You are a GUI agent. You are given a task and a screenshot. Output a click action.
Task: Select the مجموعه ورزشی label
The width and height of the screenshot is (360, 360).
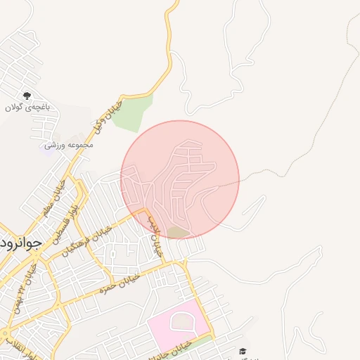[x=69, y=145]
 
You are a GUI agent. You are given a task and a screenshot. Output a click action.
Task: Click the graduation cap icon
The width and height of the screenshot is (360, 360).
[x=243, y=352]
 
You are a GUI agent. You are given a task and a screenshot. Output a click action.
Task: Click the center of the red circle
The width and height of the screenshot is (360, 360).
[x=180, y=180]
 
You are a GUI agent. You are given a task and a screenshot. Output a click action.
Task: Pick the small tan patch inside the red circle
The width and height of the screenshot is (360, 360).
[x=179, y=232]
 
